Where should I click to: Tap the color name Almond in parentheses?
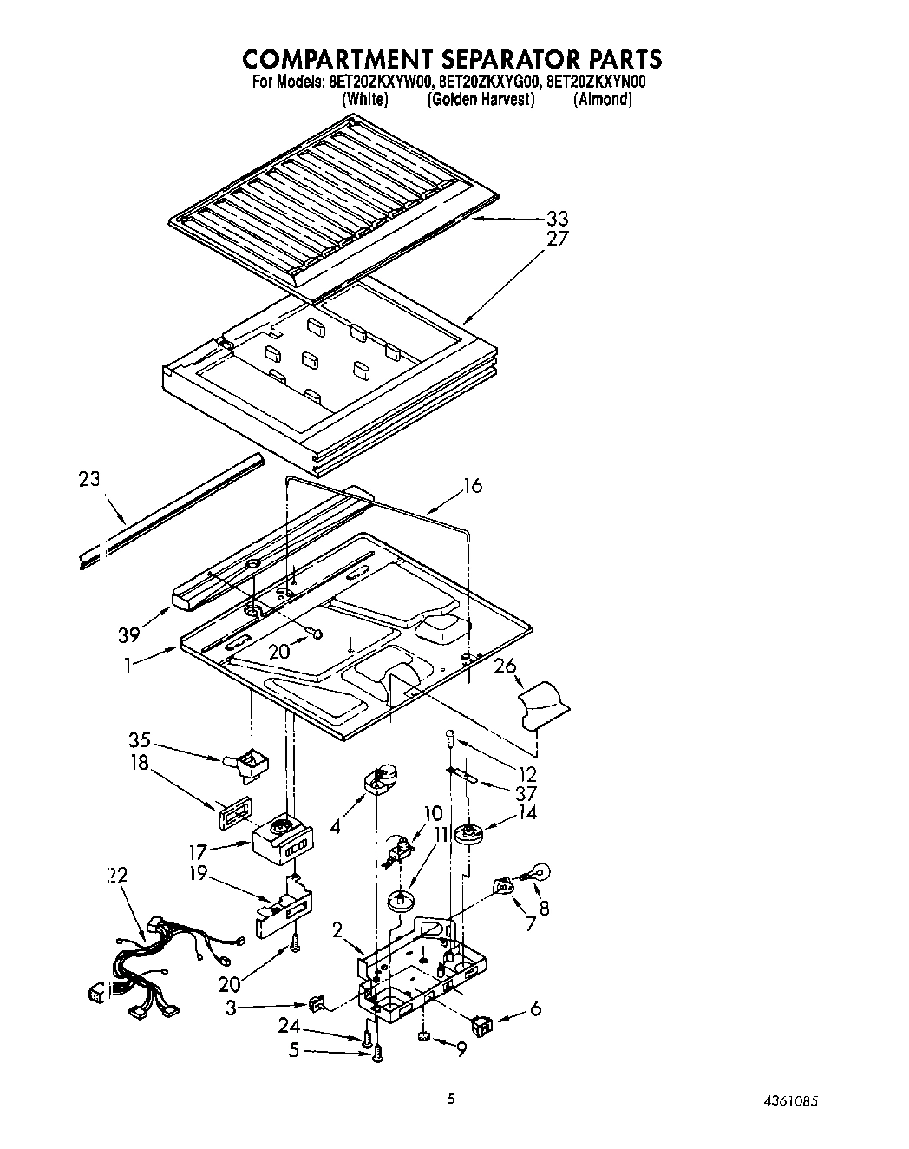[602, 100]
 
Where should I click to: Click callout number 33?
[557, 220]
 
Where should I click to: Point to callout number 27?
[557, 239]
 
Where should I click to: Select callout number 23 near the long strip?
[88, 479]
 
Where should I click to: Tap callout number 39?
[129, 635]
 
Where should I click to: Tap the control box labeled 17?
[280, 842]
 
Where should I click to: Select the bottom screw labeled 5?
[377, 1053]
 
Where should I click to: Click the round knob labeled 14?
[472, 834]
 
